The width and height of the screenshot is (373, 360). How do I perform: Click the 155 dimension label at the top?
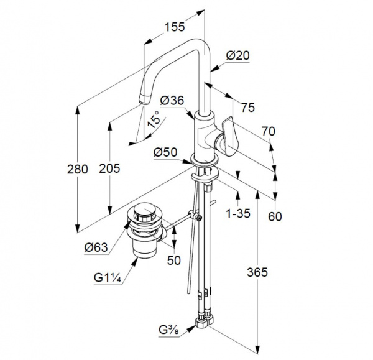coord(175,27)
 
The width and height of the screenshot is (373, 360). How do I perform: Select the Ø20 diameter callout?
coord(237,55)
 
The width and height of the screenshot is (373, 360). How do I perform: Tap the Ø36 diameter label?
coord(172,100)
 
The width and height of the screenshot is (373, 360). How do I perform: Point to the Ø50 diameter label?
coord(165,152)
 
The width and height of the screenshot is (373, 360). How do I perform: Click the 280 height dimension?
coord(78,169)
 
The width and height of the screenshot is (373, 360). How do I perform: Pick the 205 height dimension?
coord(109,168)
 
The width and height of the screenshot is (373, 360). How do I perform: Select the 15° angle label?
coord(154,119)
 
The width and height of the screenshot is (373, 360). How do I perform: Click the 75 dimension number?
coord(248,108)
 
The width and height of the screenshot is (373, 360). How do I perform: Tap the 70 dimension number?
coord(269,131)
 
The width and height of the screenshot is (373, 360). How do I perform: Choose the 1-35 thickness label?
coord(238,213)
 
